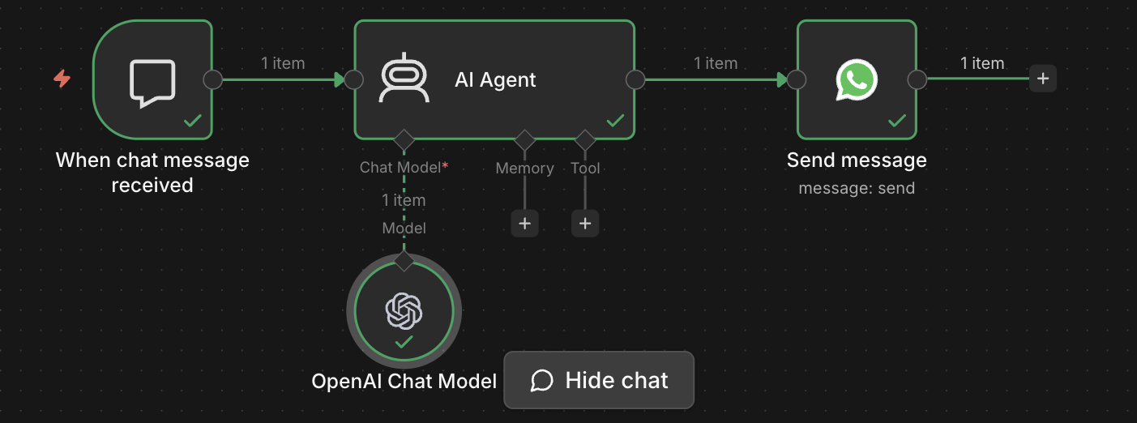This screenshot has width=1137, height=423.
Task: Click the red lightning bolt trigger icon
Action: pos(62,79)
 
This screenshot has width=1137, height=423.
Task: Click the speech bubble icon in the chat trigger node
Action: pos(152,83)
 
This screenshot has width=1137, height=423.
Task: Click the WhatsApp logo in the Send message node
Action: pos(857,79)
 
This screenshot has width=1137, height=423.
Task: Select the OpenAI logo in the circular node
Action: pos(404,310)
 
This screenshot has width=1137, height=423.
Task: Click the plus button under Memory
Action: pos(524,223)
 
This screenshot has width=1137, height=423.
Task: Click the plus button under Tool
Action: pos(585,223)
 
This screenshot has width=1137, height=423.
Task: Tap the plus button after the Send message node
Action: pos(1043,79)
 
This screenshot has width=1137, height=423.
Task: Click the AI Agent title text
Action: pos(495,79)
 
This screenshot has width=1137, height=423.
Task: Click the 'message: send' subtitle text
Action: pos(857,189)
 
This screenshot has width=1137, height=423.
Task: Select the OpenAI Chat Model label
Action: pos(404,382)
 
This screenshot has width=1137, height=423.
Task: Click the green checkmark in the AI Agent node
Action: pos(615,121)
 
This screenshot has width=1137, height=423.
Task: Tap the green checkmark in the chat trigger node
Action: pos(193,121)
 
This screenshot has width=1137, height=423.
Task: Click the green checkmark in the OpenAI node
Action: pos(404,343)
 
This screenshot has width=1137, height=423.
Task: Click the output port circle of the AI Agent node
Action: pos(635,79)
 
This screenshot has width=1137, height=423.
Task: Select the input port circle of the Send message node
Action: pos(797,79)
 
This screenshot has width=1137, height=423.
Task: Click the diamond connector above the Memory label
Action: pos(524,139)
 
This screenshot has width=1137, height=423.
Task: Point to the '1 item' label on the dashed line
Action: pos(404,200)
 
